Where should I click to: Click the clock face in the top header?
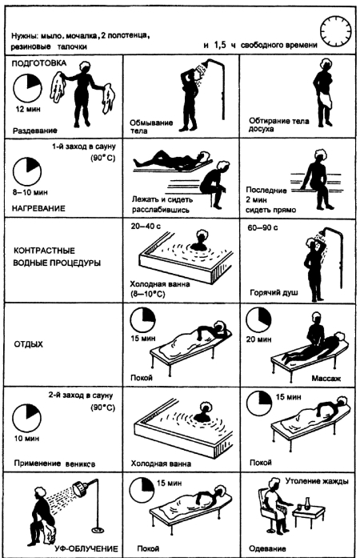336,30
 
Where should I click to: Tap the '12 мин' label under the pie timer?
28,109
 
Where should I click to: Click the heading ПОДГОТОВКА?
39,63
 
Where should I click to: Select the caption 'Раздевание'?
35,130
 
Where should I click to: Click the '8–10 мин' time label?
30,192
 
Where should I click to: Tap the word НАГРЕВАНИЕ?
38,208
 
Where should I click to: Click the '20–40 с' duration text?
145,227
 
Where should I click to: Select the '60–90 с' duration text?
262,227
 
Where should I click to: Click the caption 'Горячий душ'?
274,293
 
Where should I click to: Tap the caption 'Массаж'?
326,378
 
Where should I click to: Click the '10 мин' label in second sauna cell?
26,439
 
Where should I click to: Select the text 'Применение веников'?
54,464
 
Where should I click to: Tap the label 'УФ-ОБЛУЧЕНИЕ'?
86,548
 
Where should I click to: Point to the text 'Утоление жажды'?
317,481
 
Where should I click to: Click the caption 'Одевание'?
267,548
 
